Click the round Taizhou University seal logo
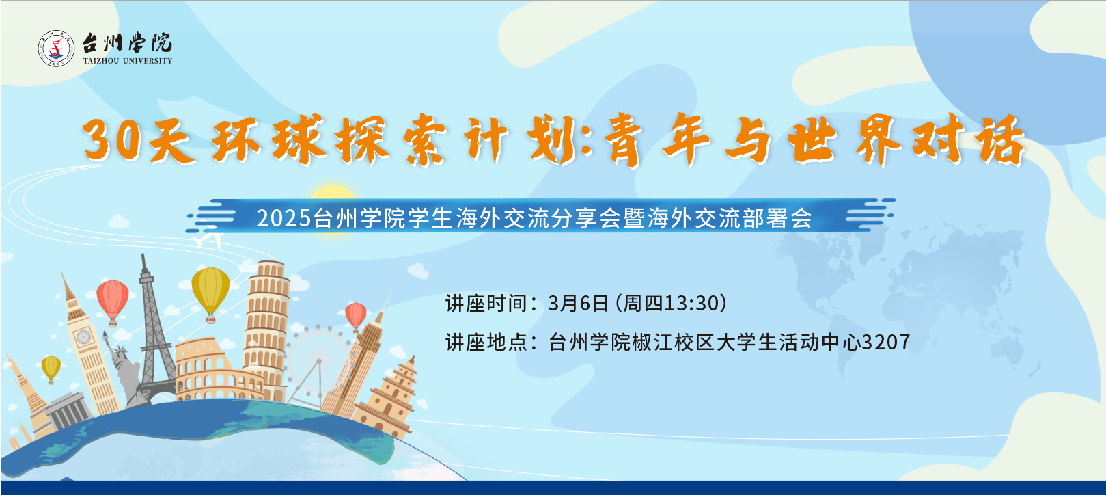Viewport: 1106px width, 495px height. (56, 49)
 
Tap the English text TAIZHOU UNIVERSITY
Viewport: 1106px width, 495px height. (127, 61)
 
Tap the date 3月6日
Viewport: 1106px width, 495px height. (578, 304)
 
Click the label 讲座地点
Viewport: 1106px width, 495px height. (486, 343)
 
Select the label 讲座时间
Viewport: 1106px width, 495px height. (486, 304)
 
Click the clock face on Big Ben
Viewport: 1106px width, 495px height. (83, 337)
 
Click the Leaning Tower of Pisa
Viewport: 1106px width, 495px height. (266, 328)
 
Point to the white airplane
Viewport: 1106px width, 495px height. (208, 240)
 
